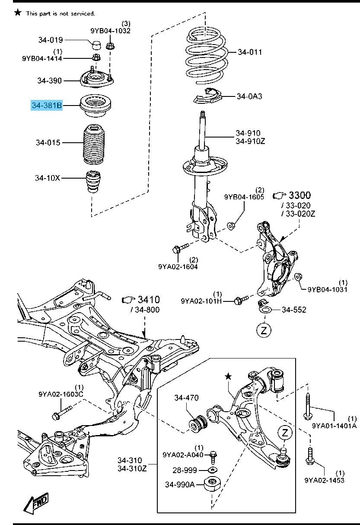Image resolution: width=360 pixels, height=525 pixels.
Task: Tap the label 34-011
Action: [250, 52]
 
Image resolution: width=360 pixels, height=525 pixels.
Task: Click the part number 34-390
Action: [49, 80]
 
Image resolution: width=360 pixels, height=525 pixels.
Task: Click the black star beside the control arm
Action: [228, 377]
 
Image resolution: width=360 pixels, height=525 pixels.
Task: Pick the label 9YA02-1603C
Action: [61, 394]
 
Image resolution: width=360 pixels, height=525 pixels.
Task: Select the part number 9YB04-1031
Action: [327, 290]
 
